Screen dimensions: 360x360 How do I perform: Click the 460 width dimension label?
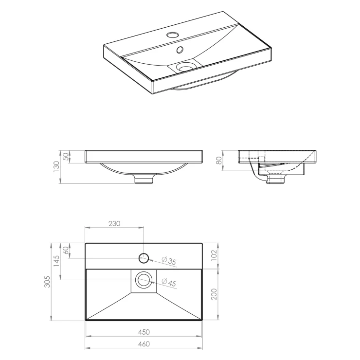tap(144, 343)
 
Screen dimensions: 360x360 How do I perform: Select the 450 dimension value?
tap(144, 332)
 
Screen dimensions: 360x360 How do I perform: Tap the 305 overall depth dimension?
tap(47, 282)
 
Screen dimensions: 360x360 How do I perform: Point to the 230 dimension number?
tap(114, 223)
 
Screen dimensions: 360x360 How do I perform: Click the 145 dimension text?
tap(56, 261)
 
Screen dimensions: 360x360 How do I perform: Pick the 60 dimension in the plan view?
tap(66, 250)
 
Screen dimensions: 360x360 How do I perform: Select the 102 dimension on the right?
tap(214, 255)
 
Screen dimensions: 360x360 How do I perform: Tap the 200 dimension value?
tap(214, 294)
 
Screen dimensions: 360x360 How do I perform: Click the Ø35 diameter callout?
tap(169, 261)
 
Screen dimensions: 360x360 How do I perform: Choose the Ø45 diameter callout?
tap(169, 282)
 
